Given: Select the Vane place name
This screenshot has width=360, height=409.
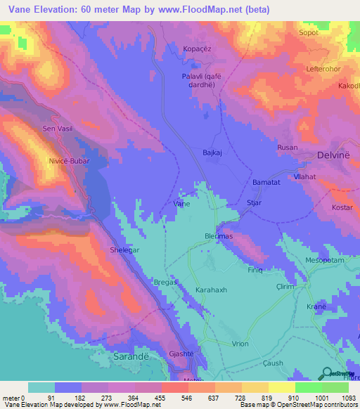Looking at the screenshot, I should (x=181, y=203).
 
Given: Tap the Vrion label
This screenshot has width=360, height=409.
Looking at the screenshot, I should (x=240, y=344).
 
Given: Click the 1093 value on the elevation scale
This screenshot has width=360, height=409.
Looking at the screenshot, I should (x=346, y=398).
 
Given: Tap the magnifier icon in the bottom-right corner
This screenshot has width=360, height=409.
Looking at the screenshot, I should (x=328, y=372).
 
